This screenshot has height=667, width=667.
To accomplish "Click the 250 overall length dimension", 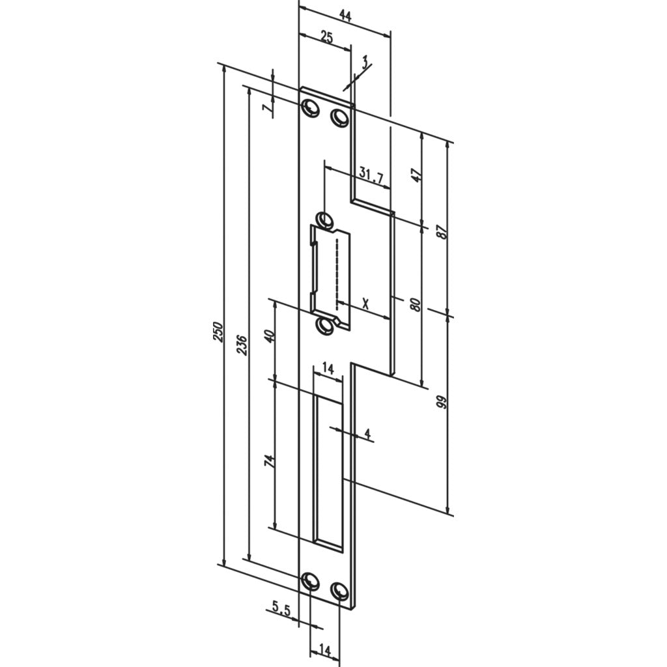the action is [218, 332].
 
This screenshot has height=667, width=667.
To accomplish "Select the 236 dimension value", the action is [241, 345].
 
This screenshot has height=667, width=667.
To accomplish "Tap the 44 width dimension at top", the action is [345, 16].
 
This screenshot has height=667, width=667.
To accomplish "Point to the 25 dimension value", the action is [326, 37].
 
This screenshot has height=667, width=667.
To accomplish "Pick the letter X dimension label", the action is [365, 304].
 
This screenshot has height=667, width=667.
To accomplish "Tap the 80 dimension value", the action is [416, 305].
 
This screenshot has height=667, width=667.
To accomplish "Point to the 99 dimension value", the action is [442, 402].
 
